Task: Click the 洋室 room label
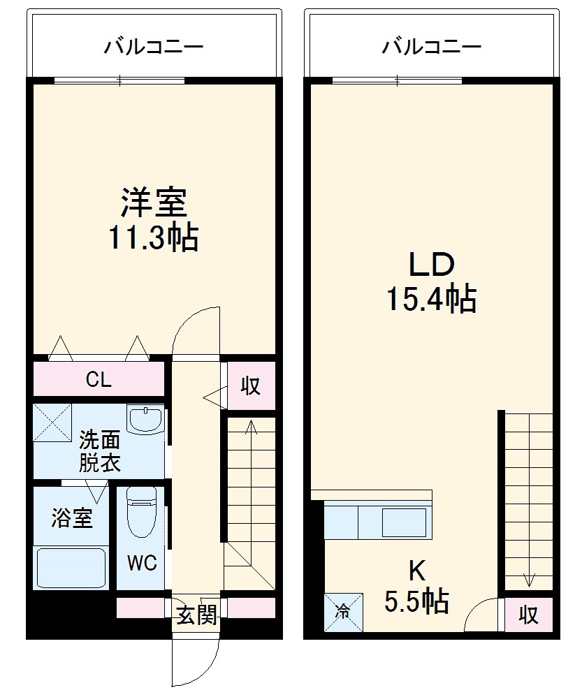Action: tap(153, 203)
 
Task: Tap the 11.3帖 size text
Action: tap(153, 238)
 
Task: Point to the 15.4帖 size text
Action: tap(431, 299)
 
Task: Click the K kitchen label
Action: tap(416, 571)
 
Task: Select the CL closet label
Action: tap(99, 380)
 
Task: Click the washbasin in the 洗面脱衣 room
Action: tap(145, 420)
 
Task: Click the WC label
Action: tap(141, 563)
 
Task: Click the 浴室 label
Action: tap(72, 519)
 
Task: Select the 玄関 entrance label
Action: tap(196, 615)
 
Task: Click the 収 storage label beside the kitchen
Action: tap(528, 615)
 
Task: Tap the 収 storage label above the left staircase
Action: tap(250, 385)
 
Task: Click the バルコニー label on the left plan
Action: tap(154, 47)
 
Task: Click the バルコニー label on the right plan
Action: tap(431, 47)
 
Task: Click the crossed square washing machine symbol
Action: tap(53, 422)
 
